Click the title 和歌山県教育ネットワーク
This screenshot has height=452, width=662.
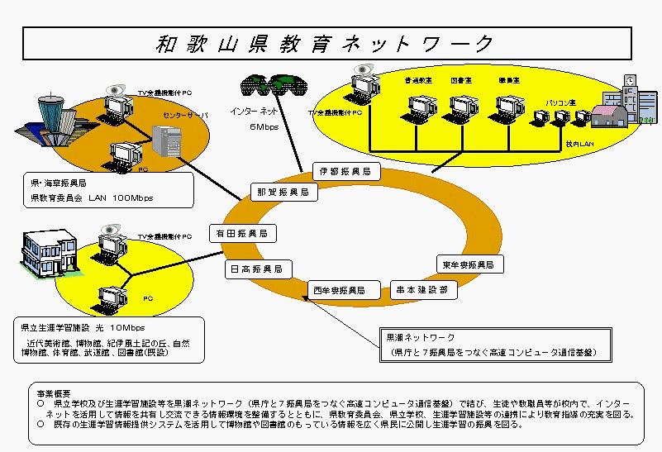tap(326, 44)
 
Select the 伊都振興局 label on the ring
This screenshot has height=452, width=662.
tap(345, 172)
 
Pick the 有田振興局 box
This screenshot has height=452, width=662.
tap(238, 232)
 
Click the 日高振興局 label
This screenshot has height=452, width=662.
tap(256, 269)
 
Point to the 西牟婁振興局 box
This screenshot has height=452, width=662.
tap(338, 291)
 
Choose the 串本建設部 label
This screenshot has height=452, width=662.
tap(421, 291)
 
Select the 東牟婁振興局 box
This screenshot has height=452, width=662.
tap(467, 265)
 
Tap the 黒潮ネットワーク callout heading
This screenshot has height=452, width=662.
tap(420, 338)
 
